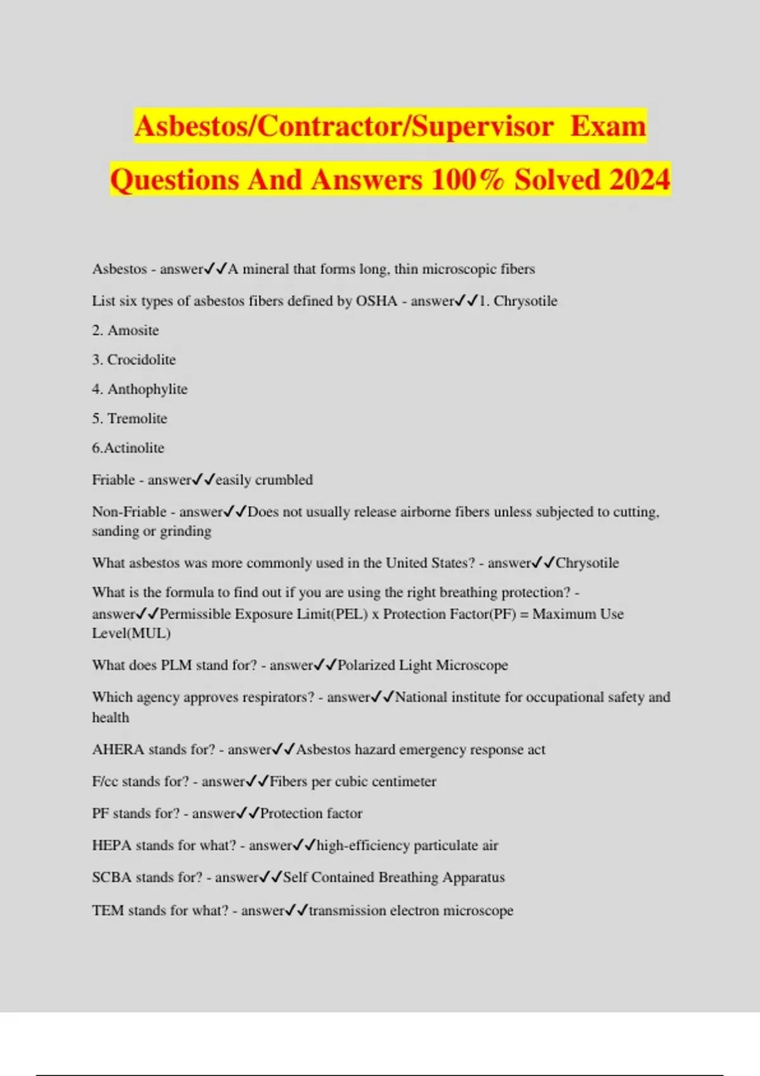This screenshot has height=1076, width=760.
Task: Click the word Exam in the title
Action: point(607,125)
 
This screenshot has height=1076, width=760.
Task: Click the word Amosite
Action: point(133,330)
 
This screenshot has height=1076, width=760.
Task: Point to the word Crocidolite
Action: point(141,360)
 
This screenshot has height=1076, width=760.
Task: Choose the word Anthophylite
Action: point(148,389)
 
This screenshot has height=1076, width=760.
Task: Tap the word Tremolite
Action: point(137,418)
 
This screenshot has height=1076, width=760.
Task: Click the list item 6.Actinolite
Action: point(128,448)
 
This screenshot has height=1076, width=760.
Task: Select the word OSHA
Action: point(376,301)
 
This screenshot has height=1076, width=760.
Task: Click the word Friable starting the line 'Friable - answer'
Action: point(113,480)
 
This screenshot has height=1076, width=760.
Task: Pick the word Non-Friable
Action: point(129,511)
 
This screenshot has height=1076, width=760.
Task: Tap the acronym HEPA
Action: point(111,846)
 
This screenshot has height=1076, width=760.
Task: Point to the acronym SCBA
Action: point(111,877)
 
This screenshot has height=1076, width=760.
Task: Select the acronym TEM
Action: point(108,910)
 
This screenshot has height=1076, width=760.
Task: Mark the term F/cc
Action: point(105,782)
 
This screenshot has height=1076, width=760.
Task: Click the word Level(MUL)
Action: point(131,633)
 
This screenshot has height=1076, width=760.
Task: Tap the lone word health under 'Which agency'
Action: point(110,717)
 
